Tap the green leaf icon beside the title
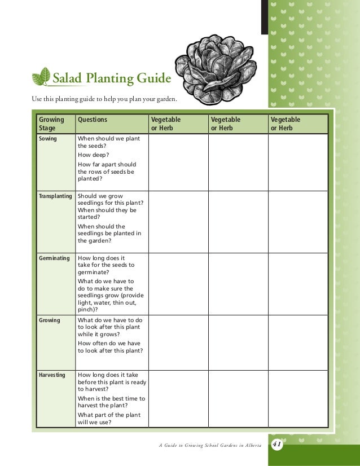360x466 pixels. pyautogui.click(x=41, y=77)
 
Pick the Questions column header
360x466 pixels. pyautogui.click(x=92, y=120)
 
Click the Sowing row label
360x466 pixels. pyautogui.click(x=47, y=138)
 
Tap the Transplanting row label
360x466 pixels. pyautogui.click(x=55, y=196)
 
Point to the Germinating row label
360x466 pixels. pyautogui.click(x=54, y=258)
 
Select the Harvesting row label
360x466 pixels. pyautogui.click(x=51, y=375)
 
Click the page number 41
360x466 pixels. pyautogui.click(x=277, y=443)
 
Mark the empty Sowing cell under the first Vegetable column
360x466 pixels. pyautogui.click(x=178, y=162)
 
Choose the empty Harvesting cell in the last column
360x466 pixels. pyautogui.click(x=297, y=398)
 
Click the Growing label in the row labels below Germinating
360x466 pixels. pyautogui.click(x=49, y=320)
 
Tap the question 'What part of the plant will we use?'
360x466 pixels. pyautogui.click(x=109, y=419)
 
